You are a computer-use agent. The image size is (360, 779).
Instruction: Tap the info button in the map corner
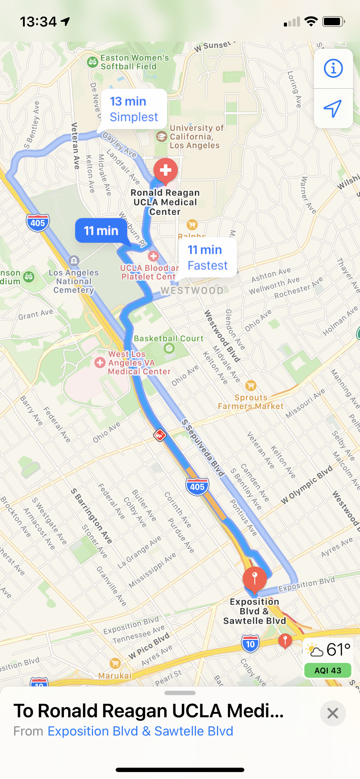[333, 68]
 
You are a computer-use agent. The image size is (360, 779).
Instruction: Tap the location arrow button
[333, 108]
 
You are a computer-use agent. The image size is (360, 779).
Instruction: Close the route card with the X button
[333, 713]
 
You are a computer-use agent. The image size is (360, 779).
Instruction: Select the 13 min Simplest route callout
[133, 109]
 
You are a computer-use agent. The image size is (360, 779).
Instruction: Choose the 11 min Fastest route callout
[207, 257]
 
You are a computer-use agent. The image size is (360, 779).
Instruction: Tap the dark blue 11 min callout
[101, 230]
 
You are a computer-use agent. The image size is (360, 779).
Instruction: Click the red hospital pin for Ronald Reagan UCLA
[166, 170]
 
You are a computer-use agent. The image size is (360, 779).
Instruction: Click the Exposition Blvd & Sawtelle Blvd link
[140, 731]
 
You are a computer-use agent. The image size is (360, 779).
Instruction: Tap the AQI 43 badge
[328, 670]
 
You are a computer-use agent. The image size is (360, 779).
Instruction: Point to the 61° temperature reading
[338, 650]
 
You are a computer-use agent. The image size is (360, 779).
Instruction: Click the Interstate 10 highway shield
[250, 644]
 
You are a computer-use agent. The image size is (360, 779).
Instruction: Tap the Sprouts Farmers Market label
[250, 402]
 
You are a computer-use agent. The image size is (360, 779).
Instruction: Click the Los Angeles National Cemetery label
[74, 281]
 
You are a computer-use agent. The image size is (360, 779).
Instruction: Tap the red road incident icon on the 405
[160, 435]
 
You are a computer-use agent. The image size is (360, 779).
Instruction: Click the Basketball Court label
[168, 339]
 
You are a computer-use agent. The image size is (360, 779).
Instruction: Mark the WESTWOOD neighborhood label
[192, 290]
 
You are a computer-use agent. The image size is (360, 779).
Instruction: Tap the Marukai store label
[115, 676]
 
